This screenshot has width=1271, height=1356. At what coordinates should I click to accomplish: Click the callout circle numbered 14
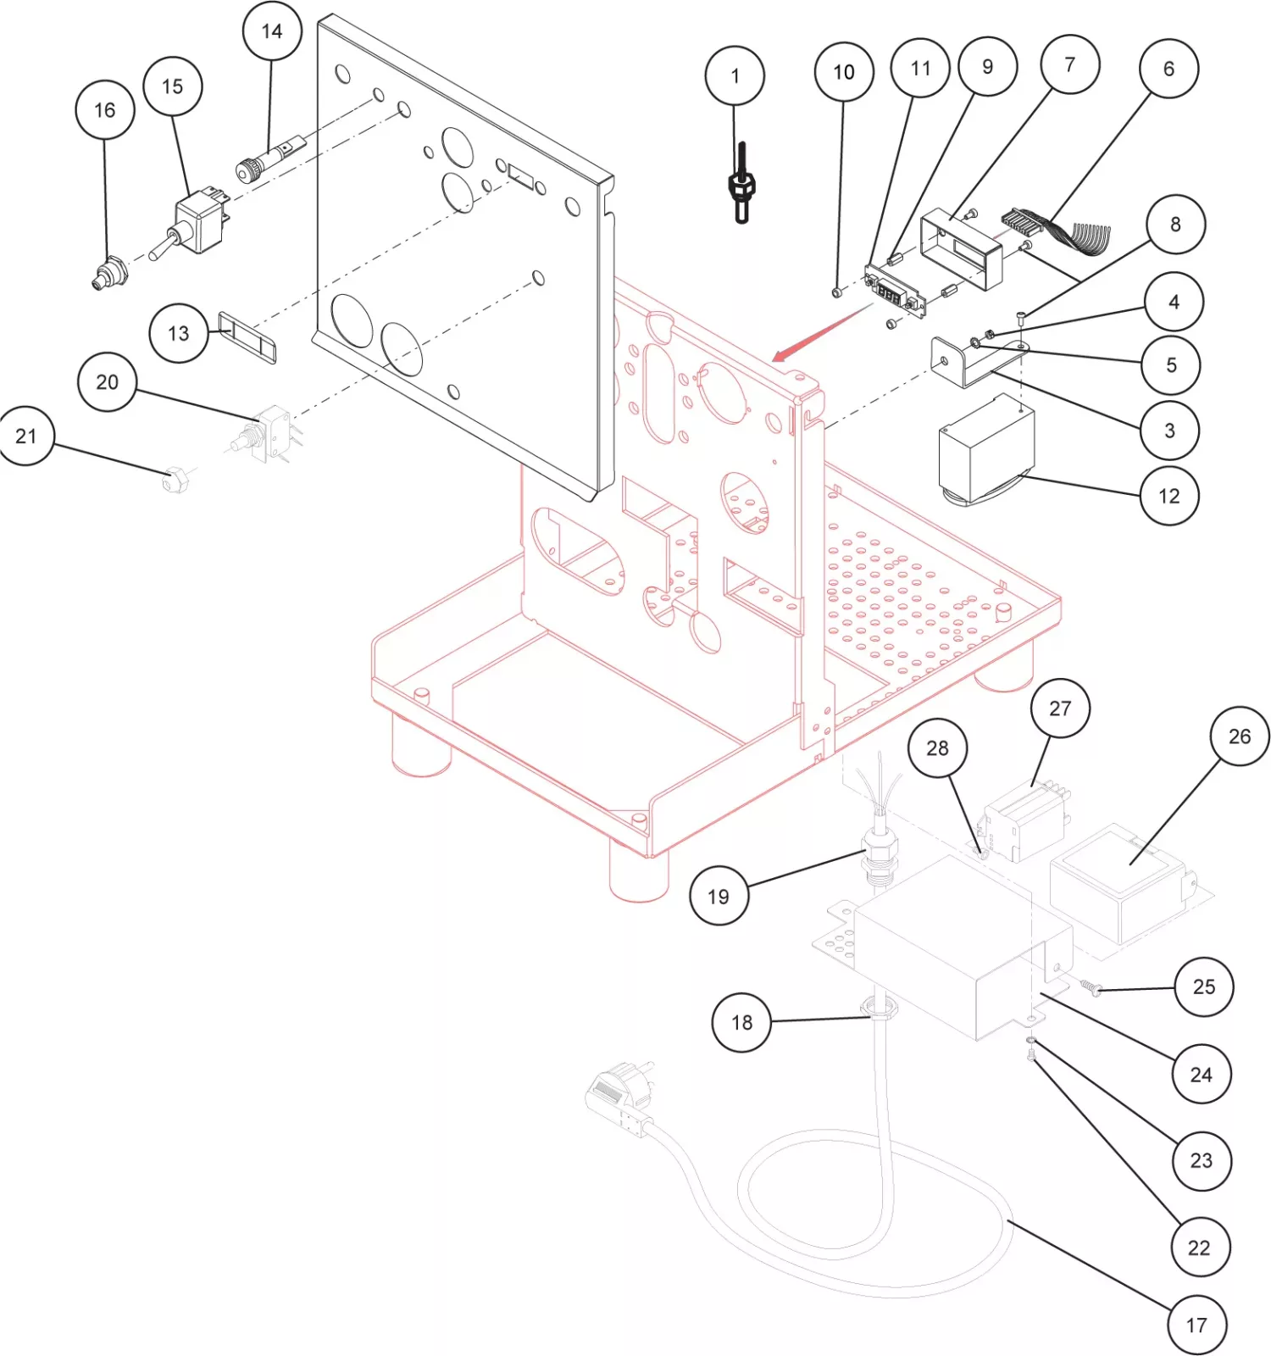click(x=272, y=31)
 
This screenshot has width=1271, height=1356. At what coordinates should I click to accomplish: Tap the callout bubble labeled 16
click(x=105, y=110)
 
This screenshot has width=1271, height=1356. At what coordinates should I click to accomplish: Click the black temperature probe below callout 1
click(x=741, y=184)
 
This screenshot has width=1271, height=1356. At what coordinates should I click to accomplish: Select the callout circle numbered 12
click(x=1168, y=496)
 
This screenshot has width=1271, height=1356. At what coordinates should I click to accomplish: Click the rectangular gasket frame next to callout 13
click(x=247, y=336)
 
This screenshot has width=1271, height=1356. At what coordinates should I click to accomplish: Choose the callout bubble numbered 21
click(x=26, y=436)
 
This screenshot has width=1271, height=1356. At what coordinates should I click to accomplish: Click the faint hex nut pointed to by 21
click(x=175, y=481)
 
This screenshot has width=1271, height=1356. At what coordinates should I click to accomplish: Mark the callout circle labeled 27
click(x=1060, y=709)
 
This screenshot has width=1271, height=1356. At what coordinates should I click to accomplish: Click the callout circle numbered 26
click(x=1239, y=736)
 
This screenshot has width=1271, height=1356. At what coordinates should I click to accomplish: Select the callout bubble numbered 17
click(x=1196, y=1325)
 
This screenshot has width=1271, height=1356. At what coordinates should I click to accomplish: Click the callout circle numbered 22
click(x=1199, y=1248)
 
